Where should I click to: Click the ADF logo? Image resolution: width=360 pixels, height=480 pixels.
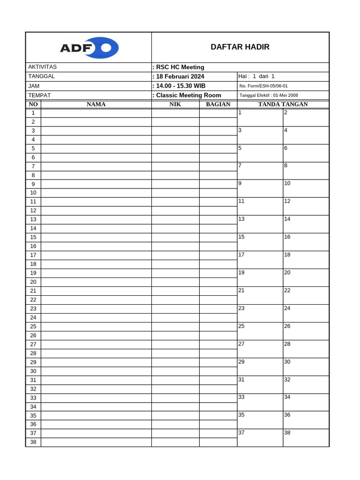89,48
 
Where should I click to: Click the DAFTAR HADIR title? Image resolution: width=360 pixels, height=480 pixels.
240,47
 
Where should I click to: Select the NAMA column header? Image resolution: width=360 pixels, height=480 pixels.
96,104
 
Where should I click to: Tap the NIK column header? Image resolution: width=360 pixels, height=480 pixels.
175,104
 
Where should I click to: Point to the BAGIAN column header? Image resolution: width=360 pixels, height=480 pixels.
218,104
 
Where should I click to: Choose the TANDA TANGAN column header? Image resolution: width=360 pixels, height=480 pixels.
283,104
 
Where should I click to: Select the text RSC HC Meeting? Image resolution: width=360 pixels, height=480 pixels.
180,67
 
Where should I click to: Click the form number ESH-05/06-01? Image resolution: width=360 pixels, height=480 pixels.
263,86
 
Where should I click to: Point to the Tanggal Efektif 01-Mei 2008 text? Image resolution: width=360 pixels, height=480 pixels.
269,95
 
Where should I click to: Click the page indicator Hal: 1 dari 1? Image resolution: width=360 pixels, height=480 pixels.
256,76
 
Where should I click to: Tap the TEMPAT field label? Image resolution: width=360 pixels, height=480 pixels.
39,95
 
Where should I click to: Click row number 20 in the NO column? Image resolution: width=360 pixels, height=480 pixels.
33,282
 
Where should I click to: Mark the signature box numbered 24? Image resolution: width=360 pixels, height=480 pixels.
306,313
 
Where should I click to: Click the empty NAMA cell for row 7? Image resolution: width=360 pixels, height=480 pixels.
96,166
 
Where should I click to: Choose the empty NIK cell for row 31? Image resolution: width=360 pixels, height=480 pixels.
175,380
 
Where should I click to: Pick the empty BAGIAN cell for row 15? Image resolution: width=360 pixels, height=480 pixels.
218,237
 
